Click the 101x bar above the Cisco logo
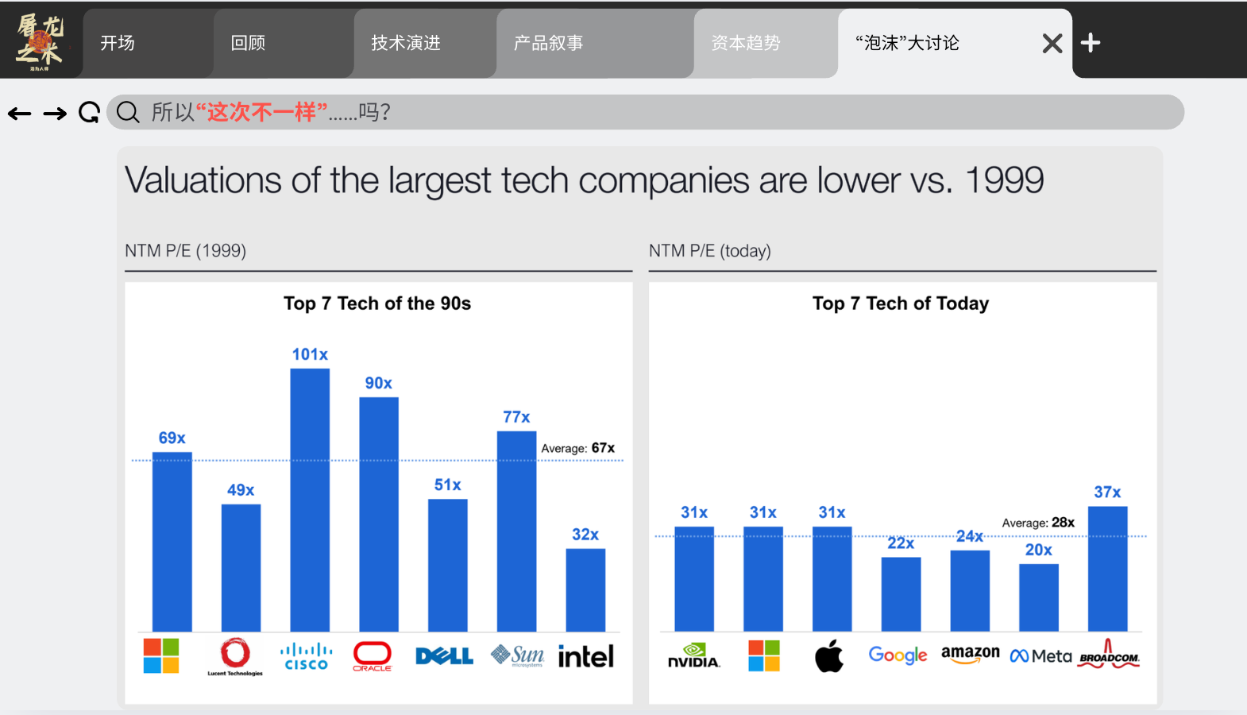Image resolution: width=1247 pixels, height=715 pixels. coord(310,500)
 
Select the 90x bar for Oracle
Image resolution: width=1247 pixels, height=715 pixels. coord(379,514)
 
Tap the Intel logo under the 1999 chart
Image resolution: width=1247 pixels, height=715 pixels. coord(586,656)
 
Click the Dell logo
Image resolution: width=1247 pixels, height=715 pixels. coord(445,656)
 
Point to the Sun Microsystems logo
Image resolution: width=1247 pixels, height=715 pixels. coord(517,655)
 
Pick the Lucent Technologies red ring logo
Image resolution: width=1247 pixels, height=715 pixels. coord(235,654)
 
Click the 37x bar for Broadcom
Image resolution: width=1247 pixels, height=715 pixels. coord(1107,569)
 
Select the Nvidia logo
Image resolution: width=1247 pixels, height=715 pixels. coord(694,655)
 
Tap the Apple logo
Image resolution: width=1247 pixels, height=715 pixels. coord(829,656)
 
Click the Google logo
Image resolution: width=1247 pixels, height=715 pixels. coord(898,655)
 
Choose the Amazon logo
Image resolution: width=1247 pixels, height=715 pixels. coord(970,654)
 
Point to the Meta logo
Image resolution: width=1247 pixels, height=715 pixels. coord(1040,656)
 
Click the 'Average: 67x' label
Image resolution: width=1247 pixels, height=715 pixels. coord(577,448)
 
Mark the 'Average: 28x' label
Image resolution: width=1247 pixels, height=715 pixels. coord(1037,523)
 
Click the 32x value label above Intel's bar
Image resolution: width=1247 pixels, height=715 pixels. coord(585,535)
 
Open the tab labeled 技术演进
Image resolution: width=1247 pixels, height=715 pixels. coord(406,43)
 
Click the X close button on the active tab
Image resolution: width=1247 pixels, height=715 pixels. coord(1052,44)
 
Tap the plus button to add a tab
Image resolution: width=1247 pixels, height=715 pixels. coord(1091,43)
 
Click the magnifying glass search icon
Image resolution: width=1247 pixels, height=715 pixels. coord(128,113)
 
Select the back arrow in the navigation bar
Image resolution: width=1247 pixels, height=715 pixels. coord(20,114)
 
